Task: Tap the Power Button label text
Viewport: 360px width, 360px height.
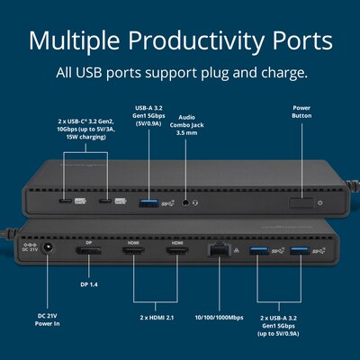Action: click(301, 112)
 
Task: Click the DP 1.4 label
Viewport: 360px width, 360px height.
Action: click(89, 283)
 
